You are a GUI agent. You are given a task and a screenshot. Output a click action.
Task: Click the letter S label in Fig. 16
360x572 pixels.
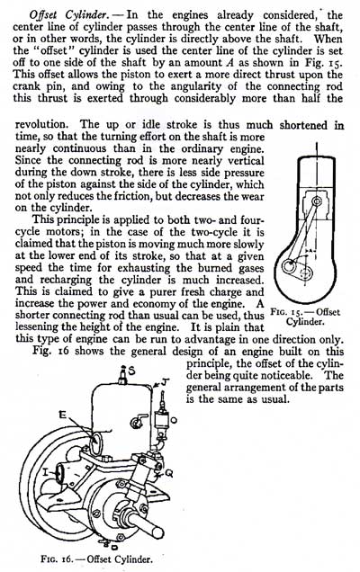point(131,371)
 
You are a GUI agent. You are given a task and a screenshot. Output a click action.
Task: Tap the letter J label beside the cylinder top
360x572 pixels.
point(166,382)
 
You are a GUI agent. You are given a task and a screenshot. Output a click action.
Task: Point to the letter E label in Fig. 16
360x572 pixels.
point(63,414)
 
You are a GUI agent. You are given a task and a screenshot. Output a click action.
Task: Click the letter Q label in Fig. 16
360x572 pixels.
point(169,473)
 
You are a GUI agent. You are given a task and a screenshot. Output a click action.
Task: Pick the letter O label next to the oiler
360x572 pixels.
point(175,420)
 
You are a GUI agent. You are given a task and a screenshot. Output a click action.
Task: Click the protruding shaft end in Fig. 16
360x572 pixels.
point(148,524)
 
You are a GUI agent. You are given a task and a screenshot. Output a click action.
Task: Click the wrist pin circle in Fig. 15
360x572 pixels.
point(317,201)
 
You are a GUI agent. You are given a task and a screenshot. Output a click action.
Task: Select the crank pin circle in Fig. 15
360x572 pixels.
point(289,266)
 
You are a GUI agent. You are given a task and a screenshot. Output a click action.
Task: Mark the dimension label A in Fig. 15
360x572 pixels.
point(310,252)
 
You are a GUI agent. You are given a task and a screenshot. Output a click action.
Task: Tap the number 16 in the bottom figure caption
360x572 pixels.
point(66,559)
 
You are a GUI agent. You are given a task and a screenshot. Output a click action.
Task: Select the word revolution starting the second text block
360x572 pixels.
point(41,125)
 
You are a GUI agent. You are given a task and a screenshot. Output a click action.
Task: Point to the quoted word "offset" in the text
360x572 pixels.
point(54,50)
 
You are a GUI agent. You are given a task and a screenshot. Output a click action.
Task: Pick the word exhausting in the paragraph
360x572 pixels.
point(144,268)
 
